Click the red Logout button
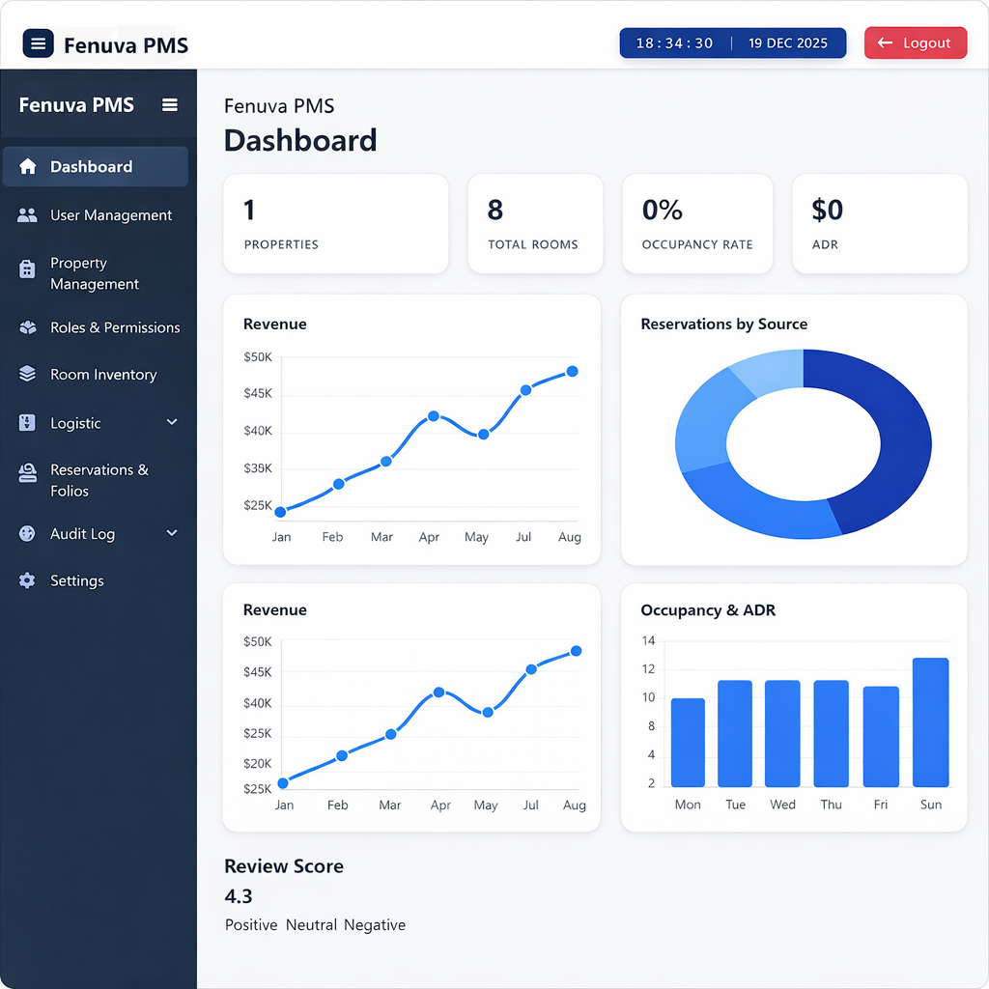pos(915,43)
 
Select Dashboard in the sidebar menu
pos(92,167)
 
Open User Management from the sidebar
pos(111,215)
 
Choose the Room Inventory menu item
pos(103,375)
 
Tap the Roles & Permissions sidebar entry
pos(115,327)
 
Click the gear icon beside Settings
pos(27,580)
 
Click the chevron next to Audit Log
pos(172,533)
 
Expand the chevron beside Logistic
pos(172,422)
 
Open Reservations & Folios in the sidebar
pos(99,480)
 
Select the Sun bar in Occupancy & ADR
pos(930,722)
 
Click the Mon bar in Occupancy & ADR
pos(688,742)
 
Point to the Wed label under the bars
pos(782,805)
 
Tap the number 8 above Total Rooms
pos(495,210)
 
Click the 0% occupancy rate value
pos(663,210)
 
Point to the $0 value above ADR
pos(827,210)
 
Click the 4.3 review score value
pos(239,896)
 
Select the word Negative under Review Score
pos(375,925)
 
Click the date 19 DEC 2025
pos(788,43)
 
